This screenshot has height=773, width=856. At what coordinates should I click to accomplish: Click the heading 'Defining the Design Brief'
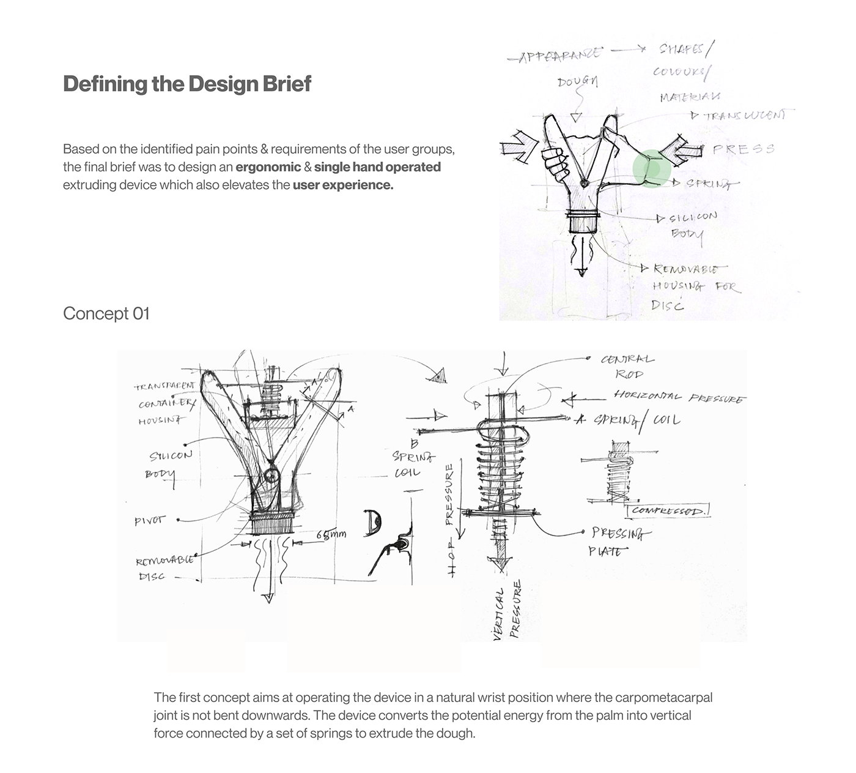(187, 84)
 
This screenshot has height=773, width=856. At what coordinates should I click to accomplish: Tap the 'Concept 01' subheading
(106, 313)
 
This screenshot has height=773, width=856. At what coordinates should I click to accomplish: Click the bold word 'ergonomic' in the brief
(268, 167)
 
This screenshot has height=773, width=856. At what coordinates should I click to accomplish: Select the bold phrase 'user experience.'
(342, 185)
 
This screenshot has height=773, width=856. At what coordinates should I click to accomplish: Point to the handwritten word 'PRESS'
(743, 149)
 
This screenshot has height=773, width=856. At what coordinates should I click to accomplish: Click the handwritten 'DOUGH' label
(577, 81)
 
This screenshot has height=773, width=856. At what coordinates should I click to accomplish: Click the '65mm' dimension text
(331, 534)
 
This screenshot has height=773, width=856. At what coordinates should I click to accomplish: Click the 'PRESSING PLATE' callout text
(616, 542)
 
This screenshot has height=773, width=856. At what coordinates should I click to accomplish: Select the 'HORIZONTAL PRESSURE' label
(679, 397)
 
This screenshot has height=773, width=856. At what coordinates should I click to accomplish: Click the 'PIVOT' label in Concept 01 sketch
(150, 521)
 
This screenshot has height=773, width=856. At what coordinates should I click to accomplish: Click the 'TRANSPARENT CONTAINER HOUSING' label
(165, 403)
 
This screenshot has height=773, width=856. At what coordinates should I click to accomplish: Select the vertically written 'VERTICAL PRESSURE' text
(507, 611)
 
